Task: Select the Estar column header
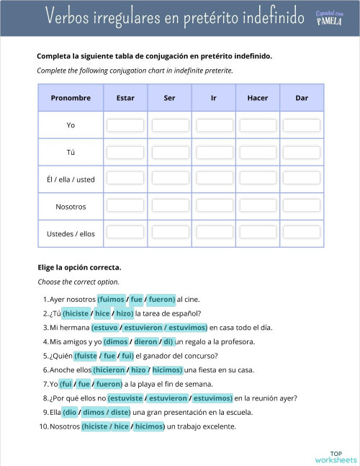click(x=125, y=98)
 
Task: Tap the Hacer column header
click(x=257, y=98)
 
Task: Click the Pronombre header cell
click(x=71, y=98)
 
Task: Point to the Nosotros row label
click(x=71, y=207)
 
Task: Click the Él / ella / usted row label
click(x=71, y=179)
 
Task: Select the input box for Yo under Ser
click(x=170, y=125)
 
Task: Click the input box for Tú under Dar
click(x=301, y=153)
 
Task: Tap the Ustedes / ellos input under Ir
click(x=214, y=233)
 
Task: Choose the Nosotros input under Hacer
click(x=257, y=207)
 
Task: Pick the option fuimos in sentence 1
click(x=112, y=299)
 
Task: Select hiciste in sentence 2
click(x=76, y=313)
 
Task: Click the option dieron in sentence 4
click(x=146, y=341)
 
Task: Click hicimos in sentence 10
click(x=149, y=426)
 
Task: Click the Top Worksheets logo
click(x=335, y=456)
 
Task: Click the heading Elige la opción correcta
click(x=79, y=267)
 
